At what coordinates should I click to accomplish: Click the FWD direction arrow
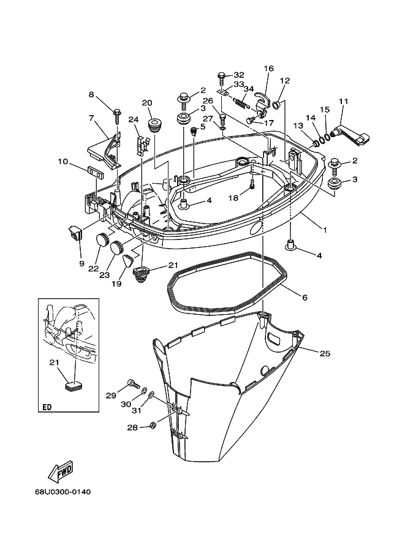(61, 471)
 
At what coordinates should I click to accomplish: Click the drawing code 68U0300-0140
(62, 492)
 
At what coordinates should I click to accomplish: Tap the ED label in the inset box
(47, 407)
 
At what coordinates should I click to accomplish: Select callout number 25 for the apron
(325, 353)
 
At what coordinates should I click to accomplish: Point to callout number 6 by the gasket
(305, 298)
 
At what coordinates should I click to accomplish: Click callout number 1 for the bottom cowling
(325, 230)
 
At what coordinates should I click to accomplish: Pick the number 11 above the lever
(343, 102)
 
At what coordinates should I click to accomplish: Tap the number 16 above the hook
(269, 68)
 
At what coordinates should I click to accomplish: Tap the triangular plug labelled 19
(127, 261)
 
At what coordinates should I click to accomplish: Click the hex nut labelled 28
(152, 425)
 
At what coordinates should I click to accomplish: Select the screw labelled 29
(133, 385)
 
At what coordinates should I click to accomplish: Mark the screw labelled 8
(117, 116)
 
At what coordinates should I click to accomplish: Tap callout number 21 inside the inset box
(54, 362)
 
